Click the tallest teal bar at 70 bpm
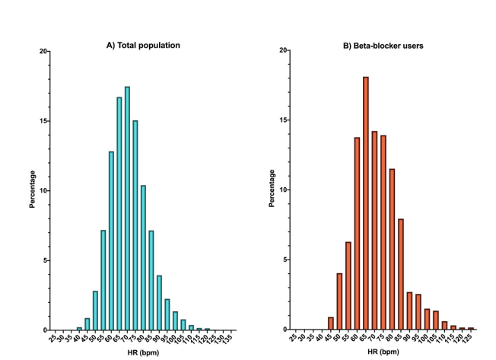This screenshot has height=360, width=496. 127,209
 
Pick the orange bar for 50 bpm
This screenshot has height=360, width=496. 339,301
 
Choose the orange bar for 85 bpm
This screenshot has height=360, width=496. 401,274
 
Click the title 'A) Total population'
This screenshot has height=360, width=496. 143,46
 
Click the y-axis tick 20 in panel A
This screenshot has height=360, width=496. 44,52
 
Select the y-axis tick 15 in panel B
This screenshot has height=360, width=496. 285,121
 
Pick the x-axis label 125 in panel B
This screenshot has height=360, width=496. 470,339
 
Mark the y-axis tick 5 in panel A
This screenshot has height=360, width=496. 46,260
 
